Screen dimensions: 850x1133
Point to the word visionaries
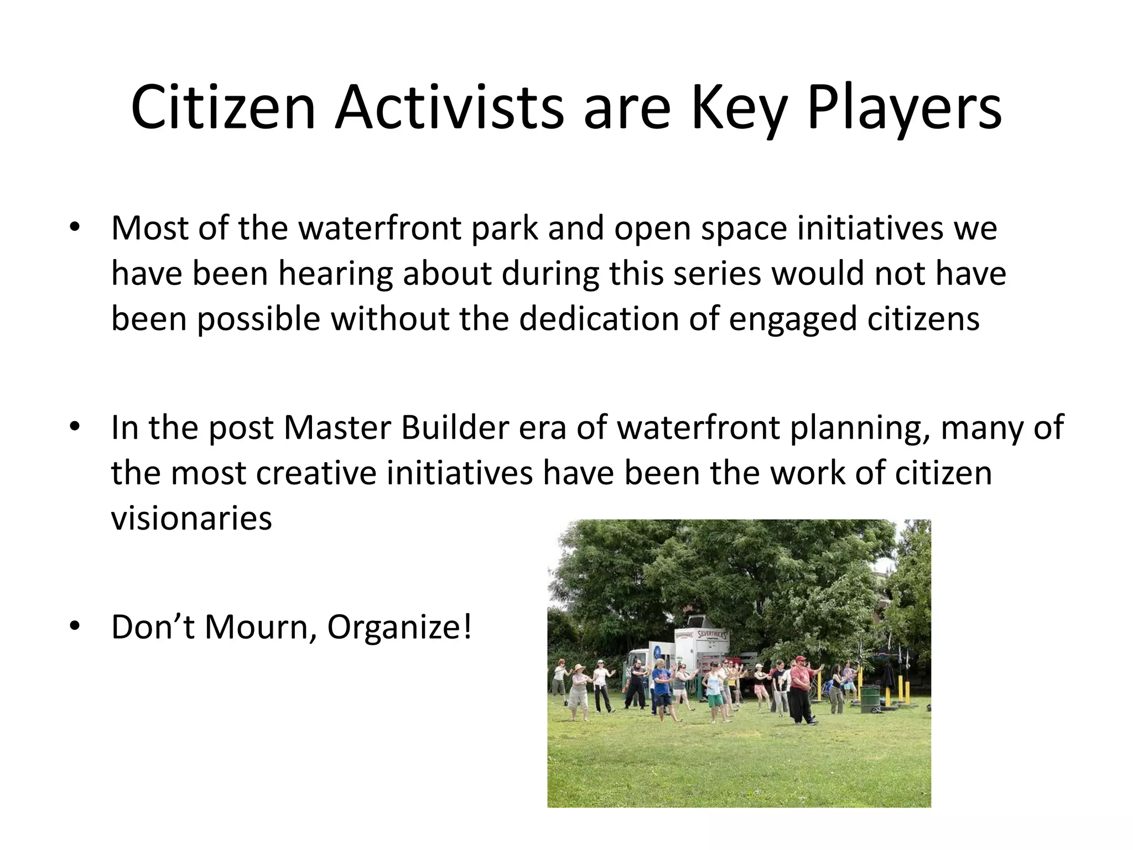tap(191, 519)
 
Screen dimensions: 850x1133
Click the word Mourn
tap(256, 628)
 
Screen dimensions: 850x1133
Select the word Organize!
tap(399, 628)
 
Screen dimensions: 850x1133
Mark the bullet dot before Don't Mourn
tap(75, 626)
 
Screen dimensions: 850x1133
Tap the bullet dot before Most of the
tap(75, 227)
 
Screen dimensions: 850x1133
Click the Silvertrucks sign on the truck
tap(712, 634)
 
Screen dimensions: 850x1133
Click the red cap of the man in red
tap(799, 659)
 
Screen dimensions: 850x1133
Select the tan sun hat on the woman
tap(580, 667)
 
